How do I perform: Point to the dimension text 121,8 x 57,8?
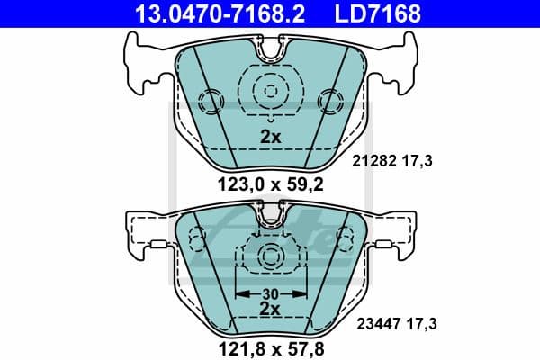pyautogui.click(x=268, y=346)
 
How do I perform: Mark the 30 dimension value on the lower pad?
pyautogui.click(x=269, y=292)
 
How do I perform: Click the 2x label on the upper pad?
pyautogui.click(x=268, y=138)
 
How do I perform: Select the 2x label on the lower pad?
pyautogui.click(x=268, y=308)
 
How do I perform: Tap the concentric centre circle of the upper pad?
pyautogui.click(x=269, y=90)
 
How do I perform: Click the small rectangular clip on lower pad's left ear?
pyautogui.click(x=155, y=244)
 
